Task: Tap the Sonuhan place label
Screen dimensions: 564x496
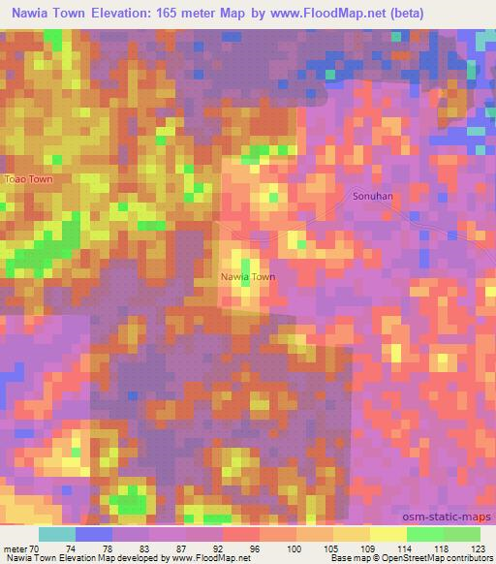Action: pos(372,195)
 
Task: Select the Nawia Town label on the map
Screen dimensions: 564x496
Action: pos(249,276)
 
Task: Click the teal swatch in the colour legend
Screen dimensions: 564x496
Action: pos(57,534)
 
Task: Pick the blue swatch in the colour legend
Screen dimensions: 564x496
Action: pos(94,534)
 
